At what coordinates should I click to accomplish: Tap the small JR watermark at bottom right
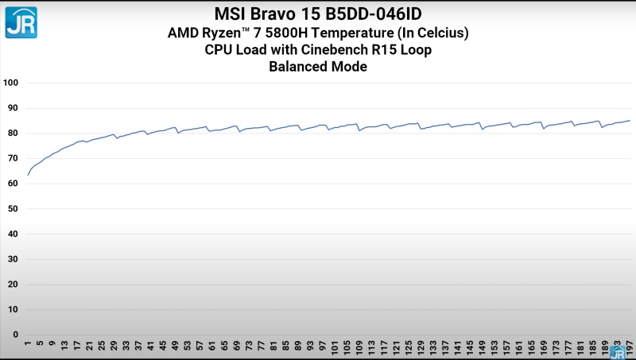click(x=618, y=352)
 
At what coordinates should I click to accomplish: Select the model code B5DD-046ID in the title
click(x=373, y=14)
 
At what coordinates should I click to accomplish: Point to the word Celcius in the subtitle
click(x=436, y=33)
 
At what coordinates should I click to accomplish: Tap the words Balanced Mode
click(x=318, y=68)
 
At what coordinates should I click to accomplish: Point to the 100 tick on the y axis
click(x=11, y=83)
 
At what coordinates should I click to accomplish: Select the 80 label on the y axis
click(x=13, y=134)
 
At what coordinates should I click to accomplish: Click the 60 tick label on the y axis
click(x=13, y=184)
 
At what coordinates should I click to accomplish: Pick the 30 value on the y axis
click(x=13, y=259)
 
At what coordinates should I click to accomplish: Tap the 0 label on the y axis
click(x=15, y=335)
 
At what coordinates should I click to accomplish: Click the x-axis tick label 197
click(x=630, y=347)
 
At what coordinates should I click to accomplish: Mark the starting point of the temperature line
click(x=28, y=175)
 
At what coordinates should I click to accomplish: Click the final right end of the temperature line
click(x=630, y=121)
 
